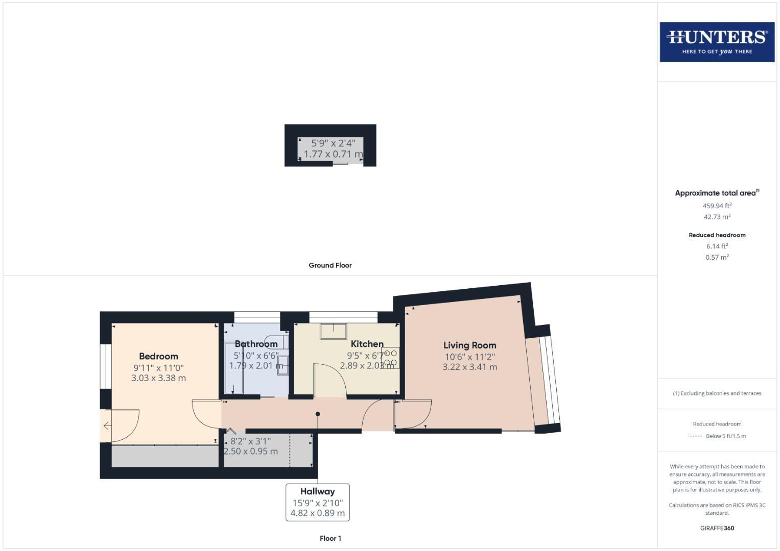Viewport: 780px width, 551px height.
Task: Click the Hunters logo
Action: [717, 42]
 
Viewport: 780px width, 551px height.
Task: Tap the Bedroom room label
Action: [158, 356]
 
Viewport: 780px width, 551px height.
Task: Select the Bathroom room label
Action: [256, 344]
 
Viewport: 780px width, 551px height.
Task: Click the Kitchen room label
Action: [367, 344]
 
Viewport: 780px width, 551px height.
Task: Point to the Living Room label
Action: [469, 345]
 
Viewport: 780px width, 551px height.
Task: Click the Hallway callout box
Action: [317, 502]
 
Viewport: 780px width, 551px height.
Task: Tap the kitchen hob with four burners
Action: [390, 358]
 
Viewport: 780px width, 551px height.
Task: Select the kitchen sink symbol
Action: [333, 331]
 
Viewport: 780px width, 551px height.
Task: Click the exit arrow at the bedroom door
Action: [107, 425]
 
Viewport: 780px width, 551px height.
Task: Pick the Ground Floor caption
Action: [330, 265]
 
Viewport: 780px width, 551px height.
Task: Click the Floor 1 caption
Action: [330, 538]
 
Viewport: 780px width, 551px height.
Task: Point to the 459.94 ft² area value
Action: [717, 206]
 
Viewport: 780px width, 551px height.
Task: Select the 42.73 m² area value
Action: [717, 217]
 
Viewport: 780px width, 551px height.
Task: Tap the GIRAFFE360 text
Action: [717, 528]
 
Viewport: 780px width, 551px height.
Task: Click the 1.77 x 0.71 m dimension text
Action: [333, 154]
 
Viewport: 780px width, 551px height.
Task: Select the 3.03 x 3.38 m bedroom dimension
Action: [158, 378]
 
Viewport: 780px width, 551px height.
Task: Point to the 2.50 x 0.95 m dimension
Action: [251, 451]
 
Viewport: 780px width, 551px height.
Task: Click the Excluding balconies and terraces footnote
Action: [717, 393]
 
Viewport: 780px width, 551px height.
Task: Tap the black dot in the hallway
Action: [318, 414]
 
